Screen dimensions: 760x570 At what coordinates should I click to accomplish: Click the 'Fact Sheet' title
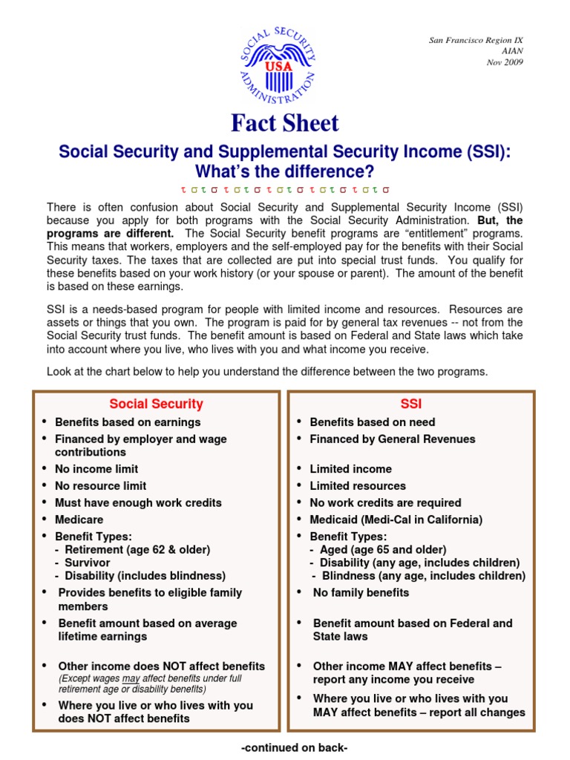point(284,123)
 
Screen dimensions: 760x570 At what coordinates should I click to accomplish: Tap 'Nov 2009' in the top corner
point(505,62)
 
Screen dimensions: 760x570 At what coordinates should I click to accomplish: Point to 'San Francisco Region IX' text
point(476,40)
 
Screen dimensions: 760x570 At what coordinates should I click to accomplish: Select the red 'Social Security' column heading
point(156,404)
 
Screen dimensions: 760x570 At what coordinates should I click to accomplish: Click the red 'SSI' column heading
point(410,404)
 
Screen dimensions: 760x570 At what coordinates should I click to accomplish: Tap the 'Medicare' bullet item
point(79,520)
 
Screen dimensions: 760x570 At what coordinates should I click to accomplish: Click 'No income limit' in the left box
point(96,469)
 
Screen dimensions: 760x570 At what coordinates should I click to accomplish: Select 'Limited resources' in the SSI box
point(358,486)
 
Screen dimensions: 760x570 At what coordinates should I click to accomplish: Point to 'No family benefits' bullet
point(361,592)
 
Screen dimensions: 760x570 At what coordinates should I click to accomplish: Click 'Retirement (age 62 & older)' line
point(137,550)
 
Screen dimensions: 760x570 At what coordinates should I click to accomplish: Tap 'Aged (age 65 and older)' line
point(383,550)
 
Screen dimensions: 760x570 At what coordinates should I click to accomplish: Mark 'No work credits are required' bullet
point(385,502)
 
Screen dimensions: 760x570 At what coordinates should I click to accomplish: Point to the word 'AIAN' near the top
point(513,51)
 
